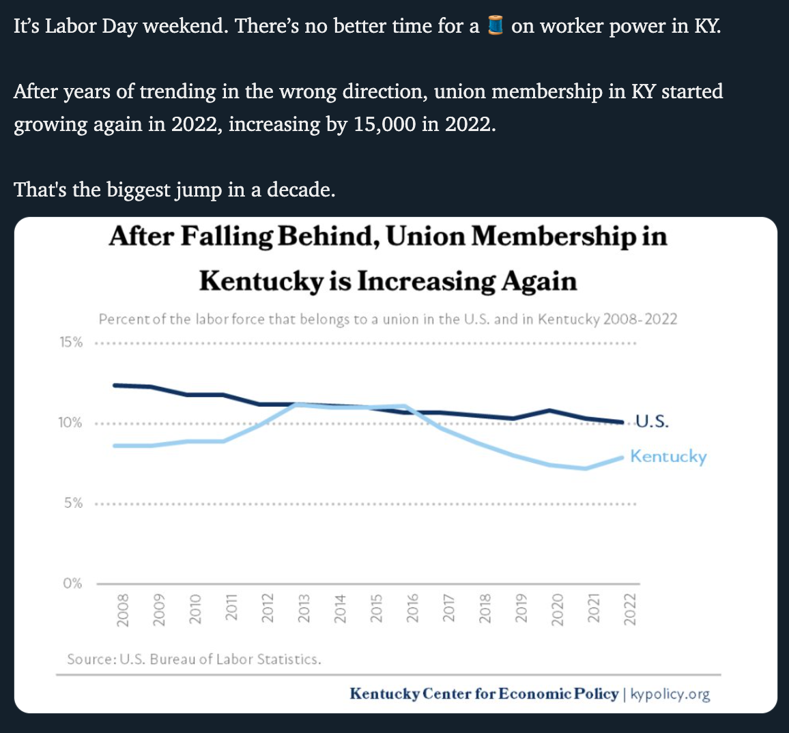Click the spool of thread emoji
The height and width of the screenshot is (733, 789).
496,27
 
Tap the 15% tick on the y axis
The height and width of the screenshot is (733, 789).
71,342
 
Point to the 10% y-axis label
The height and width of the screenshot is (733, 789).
70,422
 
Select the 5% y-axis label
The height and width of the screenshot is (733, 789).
73,503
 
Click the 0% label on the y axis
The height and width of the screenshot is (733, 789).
73,584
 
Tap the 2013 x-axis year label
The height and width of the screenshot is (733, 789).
304,607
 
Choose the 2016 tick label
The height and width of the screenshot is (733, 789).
413,607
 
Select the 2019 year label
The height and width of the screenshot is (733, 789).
521,607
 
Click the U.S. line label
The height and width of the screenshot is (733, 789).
652,421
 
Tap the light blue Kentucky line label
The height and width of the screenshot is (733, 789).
668,456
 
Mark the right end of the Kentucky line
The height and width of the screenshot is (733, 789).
621,457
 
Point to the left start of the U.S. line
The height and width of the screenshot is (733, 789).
115,385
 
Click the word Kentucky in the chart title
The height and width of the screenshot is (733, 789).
260,281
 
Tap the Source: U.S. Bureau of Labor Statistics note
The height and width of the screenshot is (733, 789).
195,659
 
